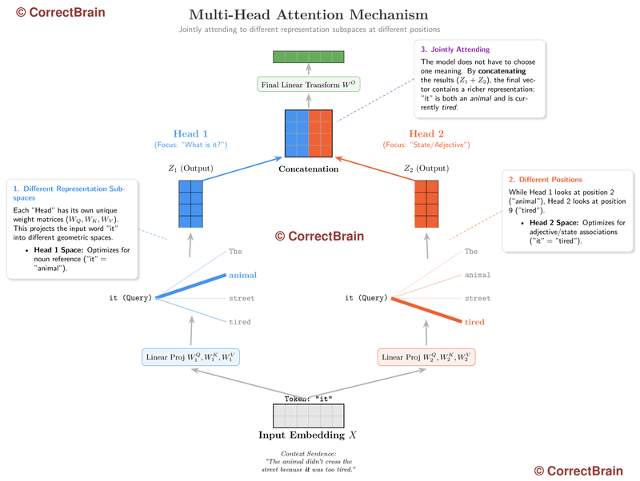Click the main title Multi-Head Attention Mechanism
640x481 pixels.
pyautogui.click(x=308, y=15)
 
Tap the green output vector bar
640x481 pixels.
pyautogui.click(x=308, y=57)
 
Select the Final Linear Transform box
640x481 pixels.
pyautogui.click(x=308, y=85)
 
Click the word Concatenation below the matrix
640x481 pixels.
pyautogui.click(x=308, y=169)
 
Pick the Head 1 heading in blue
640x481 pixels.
pyautogui.click(x=190, y=133)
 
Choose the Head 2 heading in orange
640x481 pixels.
pyautogui.click(x=426, y=133)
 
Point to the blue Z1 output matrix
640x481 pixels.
pyautogui.click(x=190, y=205)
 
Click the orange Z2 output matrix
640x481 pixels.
pyautogui.click(x=426, y=205)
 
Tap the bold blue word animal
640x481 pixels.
pyautogui.click(x=242, y=275)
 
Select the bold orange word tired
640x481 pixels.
pyautogui.click(x=474, y=322)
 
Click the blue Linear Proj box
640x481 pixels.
pyautogui.click(x=190, y=356)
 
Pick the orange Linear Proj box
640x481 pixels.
pyautogui.click(x=426, y=356)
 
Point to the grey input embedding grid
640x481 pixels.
pyautogui.click(x=308, y=416)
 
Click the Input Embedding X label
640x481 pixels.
pyautogui.click(x=308, y=436)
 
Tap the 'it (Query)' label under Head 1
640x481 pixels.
pyautogui.click(x=131, y=298)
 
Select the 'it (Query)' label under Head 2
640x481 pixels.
pyautogui.click(x=366, y=298)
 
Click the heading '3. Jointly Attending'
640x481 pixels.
pyautogui.click(x=455, y=50)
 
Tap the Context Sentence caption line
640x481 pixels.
pyautogui.click(x=308, y=454)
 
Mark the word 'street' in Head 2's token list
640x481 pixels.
pyautogui.click(x=478, y=298)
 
